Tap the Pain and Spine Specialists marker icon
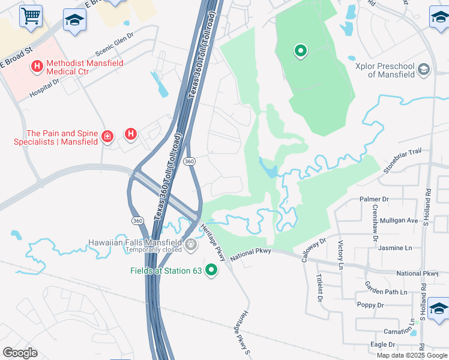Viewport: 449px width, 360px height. click(108, 137)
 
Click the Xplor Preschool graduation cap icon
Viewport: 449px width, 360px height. click(425, 70)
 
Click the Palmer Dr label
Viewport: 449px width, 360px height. click(374, 199)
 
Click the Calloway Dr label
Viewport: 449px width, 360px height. click(314, 247)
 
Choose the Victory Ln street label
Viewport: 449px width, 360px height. click(340, 255)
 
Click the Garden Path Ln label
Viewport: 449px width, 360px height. click(386, 292)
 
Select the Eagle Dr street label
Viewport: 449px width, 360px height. click(382, 344)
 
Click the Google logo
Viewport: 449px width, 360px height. click(20, 353)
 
